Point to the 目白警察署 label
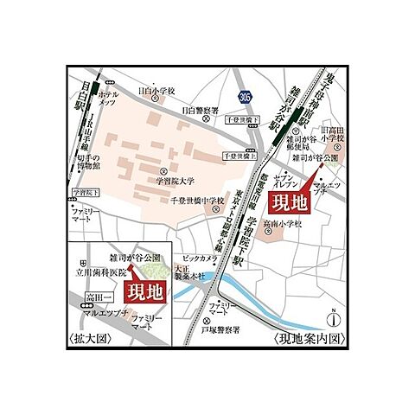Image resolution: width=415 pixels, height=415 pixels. point(200,110)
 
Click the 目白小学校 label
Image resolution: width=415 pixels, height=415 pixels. point(156,90)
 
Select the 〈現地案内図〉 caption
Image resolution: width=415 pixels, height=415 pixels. point(310,338)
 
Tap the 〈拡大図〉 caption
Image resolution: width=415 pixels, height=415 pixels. point(89,339)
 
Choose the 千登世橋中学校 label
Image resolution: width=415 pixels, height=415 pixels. point(198,201)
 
